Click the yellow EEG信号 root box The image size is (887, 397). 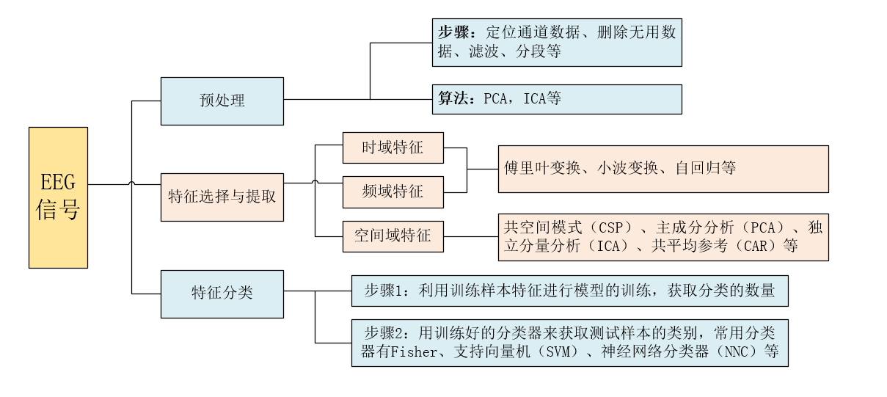coord(58,197)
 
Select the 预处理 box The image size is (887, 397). coord(222,101)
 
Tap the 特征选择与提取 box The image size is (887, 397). coord(222,196)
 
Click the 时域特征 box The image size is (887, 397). coord(393,147)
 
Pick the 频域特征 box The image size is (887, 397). coord(393,192)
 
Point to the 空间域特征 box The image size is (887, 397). coord(393,236)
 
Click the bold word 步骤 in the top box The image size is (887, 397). coord(453,33)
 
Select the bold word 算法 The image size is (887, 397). coord(453,99)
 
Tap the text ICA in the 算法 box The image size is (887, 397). coord(534,99)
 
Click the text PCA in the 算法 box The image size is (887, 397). coord(495,99)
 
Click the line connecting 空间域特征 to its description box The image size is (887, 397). coord(470,236)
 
